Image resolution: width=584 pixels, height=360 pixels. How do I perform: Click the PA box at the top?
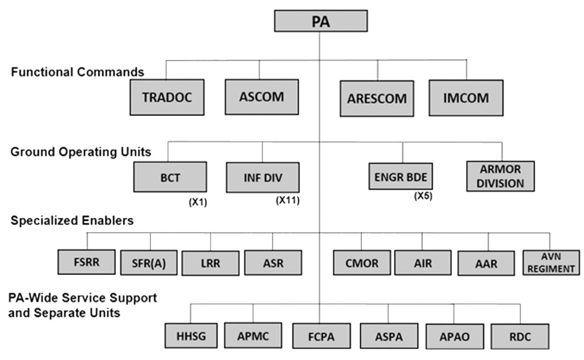point(320,21)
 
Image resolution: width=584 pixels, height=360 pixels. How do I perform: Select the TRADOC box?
point(167,98)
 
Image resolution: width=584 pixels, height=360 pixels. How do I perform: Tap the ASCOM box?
point(262,97)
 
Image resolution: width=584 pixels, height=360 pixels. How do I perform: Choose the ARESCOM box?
point(377,98)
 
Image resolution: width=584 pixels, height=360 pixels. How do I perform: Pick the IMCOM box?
point(466,98)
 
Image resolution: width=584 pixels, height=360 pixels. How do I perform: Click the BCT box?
point(170,177)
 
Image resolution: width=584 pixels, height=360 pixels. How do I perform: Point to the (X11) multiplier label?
point(287,200)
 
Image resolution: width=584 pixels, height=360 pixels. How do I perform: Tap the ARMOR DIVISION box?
point(501,176)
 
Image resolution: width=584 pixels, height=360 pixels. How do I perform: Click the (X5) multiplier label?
point(423,196)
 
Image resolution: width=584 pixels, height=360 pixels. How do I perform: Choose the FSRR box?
point(87,262)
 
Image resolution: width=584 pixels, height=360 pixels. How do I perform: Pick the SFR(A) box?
point(149,263)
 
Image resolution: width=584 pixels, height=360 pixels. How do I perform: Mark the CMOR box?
point(362,263)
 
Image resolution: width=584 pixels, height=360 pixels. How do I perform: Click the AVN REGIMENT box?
point(550,263)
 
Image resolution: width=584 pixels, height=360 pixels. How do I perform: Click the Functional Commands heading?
point(77,72)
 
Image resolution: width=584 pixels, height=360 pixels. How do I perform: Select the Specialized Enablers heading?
point(72,221)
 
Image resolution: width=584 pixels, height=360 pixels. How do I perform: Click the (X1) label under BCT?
point(198,202)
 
